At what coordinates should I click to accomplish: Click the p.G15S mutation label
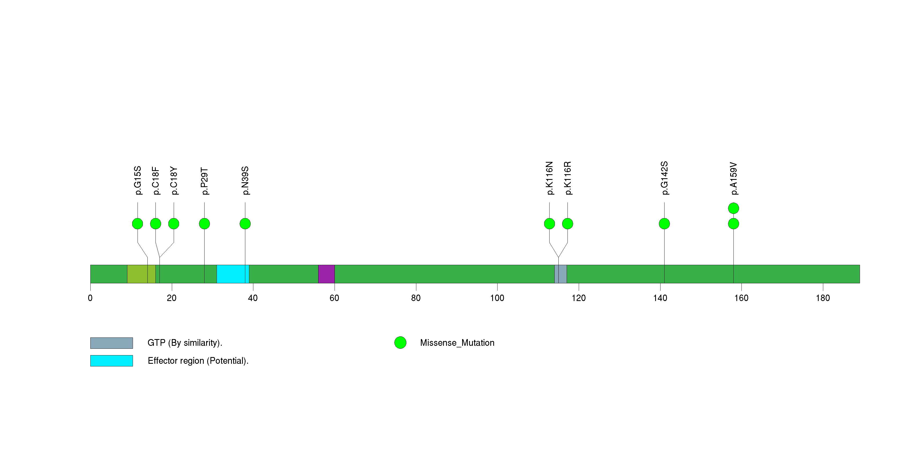click(138, 180)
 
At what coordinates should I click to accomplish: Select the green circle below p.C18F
click(156, 224)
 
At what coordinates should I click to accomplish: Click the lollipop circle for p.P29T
click(205, 224)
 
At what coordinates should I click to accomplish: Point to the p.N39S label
click(245, 180)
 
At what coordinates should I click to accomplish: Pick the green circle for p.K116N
click(550, 224)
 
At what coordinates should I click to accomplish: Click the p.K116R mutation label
click(568, 178)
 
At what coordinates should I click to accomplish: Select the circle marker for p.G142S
click(664, 224)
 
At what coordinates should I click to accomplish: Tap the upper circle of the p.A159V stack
click(733, 208)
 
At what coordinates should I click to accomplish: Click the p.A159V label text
click(733, 179)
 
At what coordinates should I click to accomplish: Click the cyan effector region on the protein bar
click(233, 274)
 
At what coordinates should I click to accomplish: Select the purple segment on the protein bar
click(327, 274)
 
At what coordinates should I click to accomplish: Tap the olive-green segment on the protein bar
click(141, 274)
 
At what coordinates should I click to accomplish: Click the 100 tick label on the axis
click(497, 298)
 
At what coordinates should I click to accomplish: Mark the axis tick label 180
click(823, 298)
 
